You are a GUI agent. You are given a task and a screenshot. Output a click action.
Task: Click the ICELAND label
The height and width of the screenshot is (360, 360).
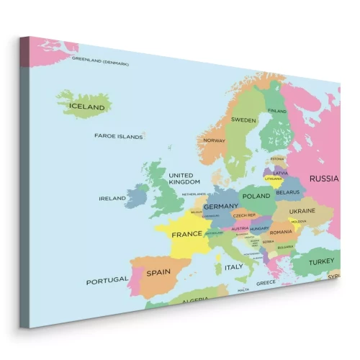coord(86,107)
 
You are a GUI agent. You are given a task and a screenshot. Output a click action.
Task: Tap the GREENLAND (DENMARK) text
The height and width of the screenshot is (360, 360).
coord(100,62)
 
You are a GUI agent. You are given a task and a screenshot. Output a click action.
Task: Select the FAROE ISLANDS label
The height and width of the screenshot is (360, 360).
coord(119,135)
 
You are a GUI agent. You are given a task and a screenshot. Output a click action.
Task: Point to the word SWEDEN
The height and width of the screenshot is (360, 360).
coord(243,120)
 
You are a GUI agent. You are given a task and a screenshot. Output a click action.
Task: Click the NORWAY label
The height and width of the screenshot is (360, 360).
coord(214,140)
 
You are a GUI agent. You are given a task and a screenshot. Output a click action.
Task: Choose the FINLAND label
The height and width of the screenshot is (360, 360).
coord(277,111)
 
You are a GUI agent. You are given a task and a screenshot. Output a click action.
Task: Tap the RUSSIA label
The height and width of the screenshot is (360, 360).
coord(324,178)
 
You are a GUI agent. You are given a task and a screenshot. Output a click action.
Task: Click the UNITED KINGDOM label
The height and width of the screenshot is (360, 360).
coord(184,178)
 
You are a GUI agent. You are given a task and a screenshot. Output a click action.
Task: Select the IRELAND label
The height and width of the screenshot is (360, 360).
coord(112,198)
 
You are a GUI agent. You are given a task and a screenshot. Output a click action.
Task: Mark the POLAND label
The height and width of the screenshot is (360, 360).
coord(256,196)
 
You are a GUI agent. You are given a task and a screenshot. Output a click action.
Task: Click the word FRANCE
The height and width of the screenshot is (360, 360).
coord(186,235)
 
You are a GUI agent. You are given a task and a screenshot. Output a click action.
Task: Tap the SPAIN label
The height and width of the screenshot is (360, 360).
coord(158,274)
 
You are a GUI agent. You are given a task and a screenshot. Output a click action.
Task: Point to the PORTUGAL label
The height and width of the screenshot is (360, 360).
coord(107,281)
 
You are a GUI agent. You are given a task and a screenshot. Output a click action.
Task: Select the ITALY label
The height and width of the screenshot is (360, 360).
coord(234,267)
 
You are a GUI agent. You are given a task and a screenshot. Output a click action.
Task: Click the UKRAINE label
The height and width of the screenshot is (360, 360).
coord(302,211)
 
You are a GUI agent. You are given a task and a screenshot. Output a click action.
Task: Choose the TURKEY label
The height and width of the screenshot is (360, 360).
coord(321,262)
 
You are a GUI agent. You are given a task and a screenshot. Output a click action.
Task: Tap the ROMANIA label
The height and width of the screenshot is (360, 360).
coord(281,233)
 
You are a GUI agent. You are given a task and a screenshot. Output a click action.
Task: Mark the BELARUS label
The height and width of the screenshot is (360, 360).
coord(287,193)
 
